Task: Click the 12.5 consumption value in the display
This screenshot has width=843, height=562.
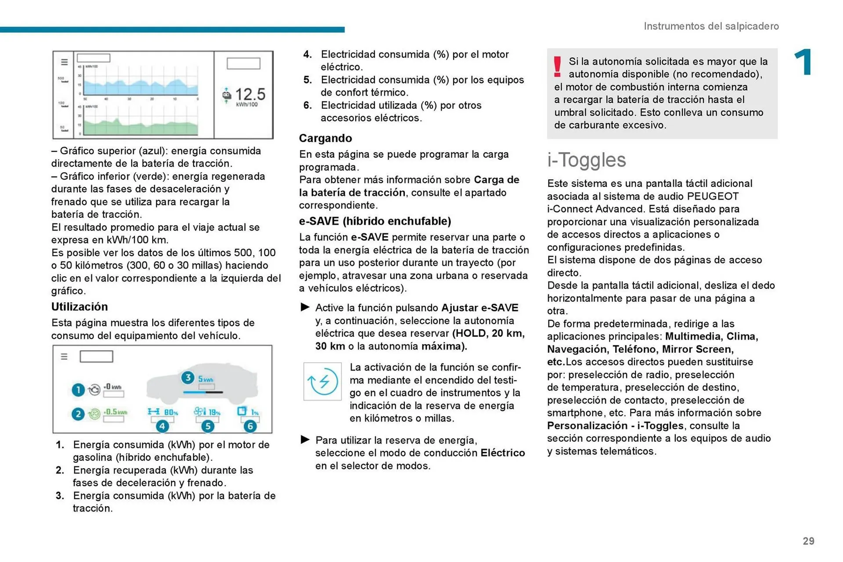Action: tap(250, 94)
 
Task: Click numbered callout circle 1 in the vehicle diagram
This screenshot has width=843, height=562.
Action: tap(78, 390)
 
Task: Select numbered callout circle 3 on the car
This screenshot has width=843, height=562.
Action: tap(187, 377)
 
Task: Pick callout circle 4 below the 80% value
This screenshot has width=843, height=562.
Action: tap(162, 426)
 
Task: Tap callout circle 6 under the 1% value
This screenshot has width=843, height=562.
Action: tap(250, 426)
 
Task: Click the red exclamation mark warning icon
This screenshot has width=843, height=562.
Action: tap(557, 67)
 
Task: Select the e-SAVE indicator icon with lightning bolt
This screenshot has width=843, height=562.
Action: tap(322, 381)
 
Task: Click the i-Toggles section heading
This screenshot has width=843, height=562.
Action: tap(586, 160)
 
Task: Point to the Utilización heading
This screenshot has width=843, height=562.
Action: tap(79, 306)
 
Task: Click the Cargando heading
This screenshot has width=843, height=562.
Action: tap(325, 138)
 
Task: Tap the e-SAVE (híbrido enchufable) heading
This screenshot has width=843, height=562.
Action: tap(375, 221)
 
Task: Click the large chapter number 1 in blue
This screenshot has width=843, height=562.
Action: tap(803, 62)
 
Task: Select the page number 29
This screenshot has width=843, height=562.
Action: tap(808, 541)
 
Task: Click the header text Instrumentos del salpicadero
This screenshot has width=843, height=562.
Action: tap(711, 26)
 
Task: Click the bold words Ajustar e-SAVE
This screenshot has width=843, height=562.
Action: tap(479, 308)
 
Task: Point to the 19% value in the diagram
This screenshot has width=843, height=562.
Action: tap(214, 412)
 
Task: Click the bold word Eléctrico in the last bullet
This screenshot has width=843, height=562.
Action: tap(502, 453)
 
